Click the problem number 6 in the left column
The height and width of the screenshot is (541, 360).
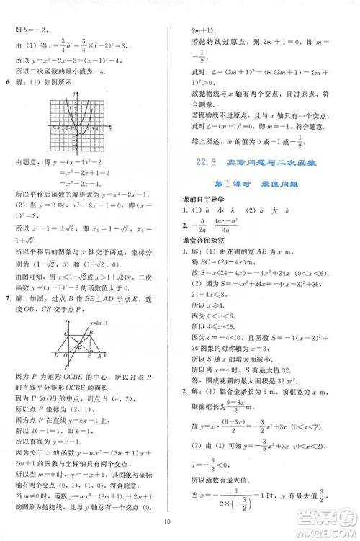[x=8, y=84]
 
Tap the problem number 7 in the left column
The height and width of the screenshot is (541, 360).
[x=8, y=277]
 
